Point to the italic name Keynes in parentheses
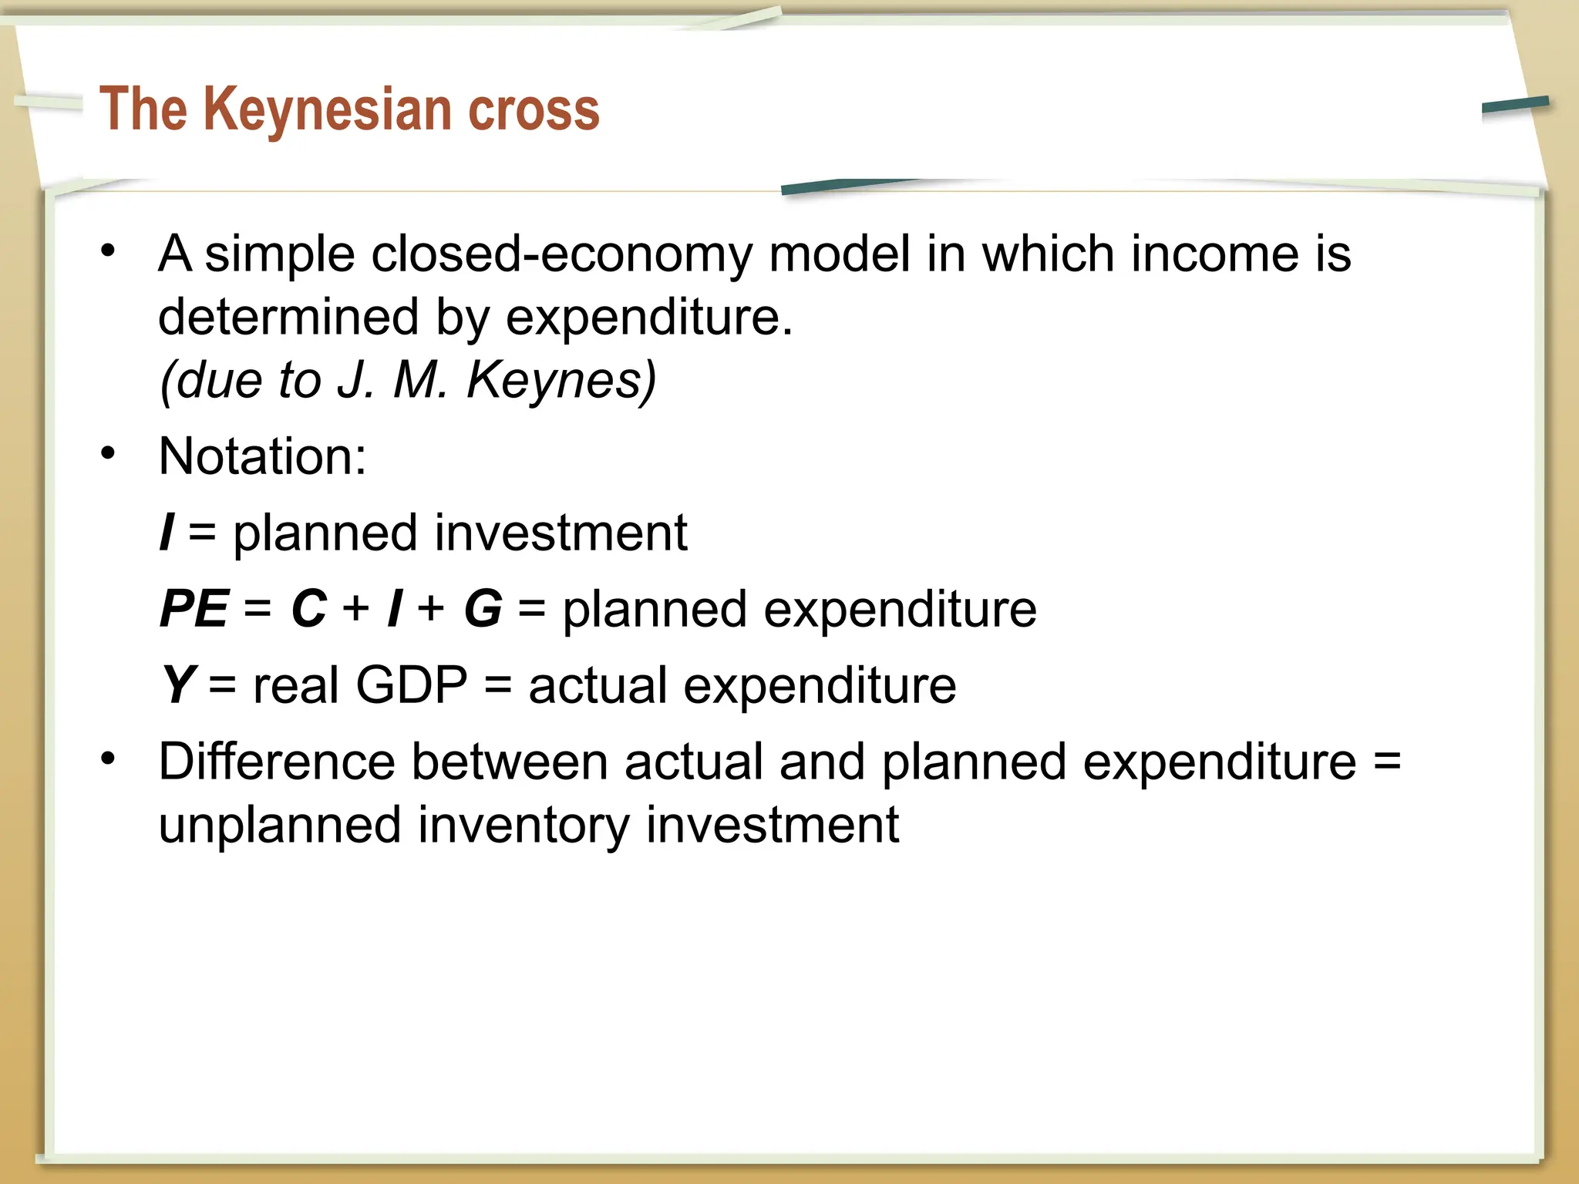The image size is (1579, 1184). [561, 380]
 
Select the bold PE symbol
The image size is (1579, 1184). [194, 609]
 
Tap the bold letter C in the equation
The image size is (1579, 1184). [309, 609]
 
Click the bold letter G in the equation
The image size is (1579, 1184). [483, 609]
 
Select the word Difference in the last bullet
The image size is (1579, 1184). [277, 762]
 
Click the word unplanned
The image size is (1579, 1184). [280, 825]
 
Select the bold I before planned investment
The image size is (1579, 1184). [166, 533]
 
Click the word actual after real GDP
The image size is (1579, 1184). [598, 684]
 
